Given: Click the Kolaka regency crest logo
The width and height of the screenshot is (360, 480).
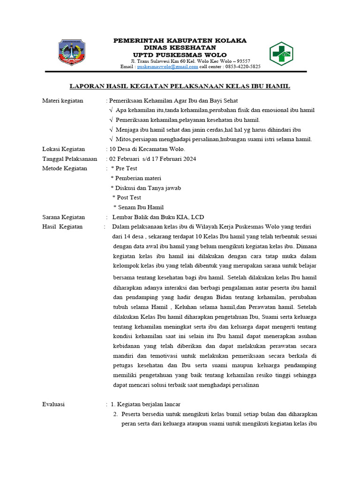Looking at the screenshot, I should click(x=72, y=52).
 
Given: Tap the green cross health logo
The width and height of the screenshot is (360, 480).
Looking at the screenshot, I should click(x=281, y=53).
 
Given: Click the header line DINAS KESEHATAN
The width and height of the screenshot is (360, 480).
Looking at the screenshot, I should click(x=180, y=47).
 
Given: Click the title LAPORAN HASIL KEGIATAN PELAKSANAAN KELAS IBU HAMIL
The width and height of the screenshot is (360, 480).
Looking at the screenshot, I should click(x=180, y=86).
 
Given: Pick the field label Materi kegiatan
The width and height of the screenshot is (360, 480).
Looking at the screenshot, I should click(x=62, y=100).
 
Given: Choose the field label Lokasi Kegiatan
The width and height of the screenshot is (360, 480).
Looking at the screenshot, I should click(x=63, y=149).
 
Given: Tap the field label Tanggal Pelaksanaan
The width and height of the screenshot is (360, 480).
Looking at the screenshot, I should click(x=69, y=158).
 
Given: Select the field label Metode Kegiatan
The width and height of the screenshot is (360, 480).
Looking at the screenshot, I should click(x=65, y=168).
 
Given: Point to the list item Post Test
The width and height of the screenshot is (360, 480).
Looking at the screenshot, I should click(x=129, y=197).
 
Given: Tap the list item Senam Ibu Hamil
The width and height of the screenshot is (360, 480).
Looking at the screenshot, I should click(x=141, y=207).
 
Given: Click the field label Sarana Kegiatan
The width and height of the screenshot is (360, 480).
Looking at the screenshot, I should click(x=64, y=217).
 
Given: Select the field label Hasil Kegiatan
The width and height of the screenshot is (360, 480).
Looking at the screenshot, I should click(x=62, y=226).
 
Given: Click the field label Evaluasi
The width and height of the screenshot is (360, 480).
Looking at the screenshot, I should click(x=53, y=404).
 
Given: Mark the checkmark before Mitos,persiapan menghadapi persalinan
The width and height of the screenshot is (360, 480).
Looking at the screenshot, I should click(x=111, y=139).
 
